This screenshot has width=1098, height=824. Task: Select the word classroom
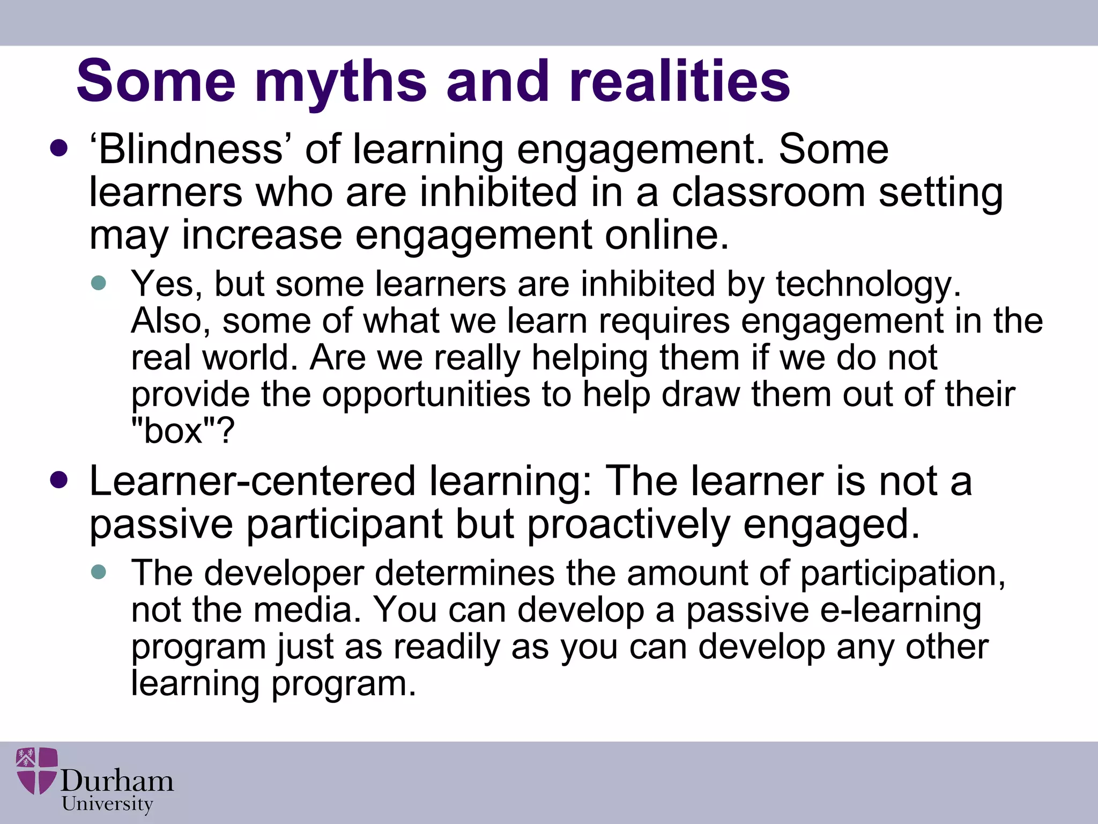pos(768,192)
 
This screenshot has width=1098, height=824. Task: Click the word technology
pos(869,284)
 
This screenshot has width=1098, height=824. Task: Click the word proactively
pos(628,525)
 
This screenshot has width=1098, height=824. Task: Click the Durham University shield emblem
pos(36,770)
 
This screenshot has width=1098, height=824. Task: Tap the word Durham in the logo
pos(117,781)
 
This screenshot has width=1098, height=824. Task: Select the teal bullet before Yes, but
pos(99,283)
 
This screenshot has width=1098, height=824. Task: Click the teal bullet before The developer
pos(99,572)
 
